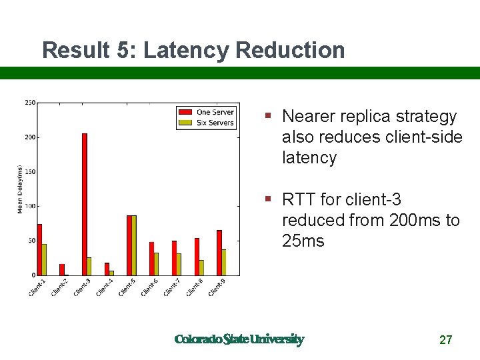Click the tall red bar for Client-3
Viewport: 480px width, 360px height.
pos(85,204)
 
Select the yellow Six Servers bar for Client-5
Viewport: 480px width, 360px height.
pos(134,245)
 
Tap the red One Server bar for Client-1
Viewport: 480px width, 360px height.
pos(40,249)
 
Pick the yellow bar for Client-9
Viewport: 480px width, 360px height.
pos(224,262)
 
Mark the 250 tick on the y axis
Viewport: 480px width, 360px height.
pos(30,103)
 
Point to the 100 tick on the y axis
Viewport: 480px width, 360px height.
pos(30,206)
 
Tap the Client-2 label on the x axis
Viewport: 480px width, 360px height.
pos(59,287)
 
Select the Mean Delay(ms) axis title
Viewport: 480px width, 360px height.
pos(20,189)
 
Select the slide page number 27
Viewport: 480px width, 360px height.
pos(446,340)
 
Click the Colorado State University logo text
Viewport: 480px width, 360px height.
pos(239,339)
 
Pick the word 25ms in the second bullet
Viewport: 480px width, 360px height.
pos(303,241)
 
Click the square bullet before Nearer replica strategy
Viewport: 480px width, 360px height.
pos(267,115)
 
